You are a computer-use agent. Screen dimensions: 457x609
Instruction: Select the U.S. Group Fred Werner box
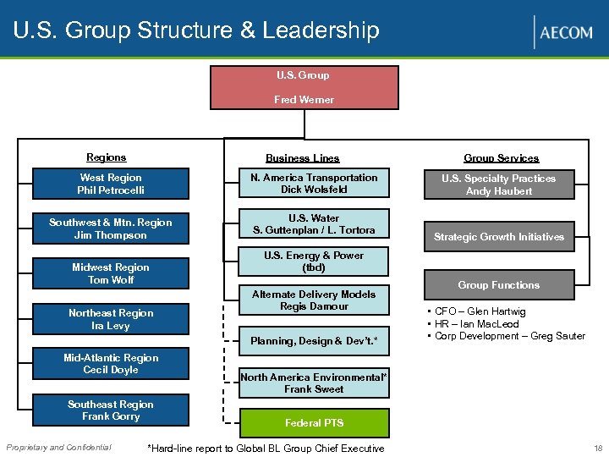tap(304, 87)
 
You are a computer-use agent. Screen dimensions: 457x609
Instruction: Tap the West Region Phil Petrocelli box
tap(111, 184)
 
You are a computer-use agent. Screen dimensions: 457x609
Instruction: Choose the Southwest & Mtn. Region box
tap(111, 228)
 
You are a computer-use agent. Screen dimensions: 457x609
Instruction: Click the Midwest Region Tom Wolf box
tap(111, 273)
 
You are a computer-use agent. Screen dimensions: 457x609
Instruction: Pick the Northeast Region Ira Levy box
tap(111, 319)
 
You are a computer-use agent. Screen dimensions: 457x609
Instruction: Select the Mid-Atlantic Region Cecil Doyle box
tap(111, 364)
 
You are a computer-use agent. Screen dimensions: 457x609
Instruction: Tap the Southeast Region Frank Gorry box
tap(111, 410)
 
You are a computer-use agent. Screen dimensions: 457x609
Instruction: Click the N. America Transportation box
tap(314, 184)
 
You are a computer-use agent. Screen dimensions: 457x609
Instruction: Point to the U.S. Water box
tap(314, 224)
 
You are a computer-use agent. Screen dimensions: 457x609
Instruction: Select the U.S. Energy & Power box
tap(314, 262)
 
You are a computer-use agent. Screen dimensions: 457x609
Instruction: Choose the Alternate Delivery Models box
tap(314, 300)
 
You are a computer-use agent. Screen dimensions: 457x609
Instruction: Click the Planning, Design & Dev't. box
tap(314, 340)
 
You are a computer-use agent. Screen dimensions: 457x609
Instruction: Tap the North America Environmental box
tap(314, 383)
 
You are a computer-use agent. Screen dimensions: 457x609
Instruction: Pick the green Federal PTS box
tap(314, 422)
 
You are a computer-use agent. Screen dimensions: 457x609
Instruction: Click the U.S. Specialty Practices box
tap(499, 184)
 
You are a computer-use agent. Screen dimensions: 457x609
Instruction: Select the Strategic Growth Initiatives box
tap(499, 237)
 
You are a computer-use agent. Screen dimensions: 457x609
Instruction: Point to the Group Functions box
tap(499, 285)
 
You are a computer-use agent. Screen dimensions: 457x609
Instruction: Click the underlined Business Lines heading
tap(302, 158)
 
